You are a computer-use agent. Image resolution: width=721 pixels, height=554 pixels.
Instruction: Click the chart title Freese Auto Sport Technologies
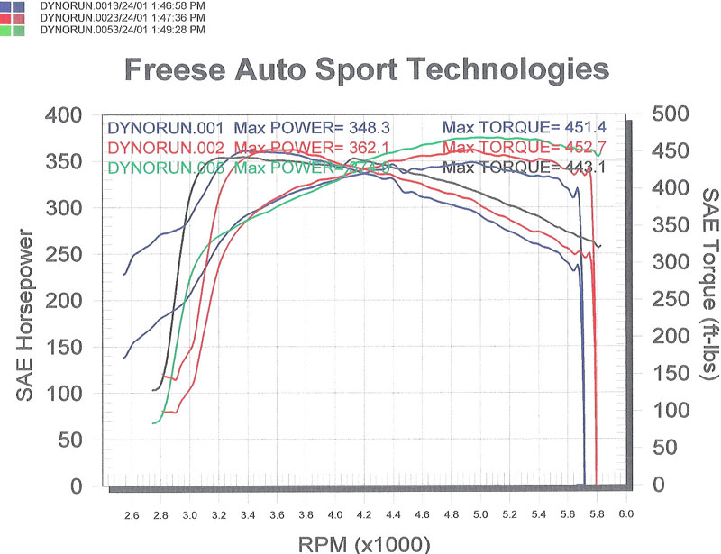365,68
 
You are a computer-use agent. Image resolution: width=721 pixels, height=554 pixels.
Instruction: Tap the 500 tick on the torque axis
670,114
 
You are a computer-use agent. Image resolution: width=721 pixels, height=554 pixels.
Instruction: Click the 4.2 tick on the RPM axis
363,514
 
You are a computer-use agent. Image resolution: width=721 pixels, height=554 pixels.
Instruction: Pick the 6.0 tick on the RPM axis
625,514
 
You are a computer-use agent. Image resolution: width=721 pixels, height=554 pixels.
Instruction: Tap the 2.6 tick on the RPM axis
132,514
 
